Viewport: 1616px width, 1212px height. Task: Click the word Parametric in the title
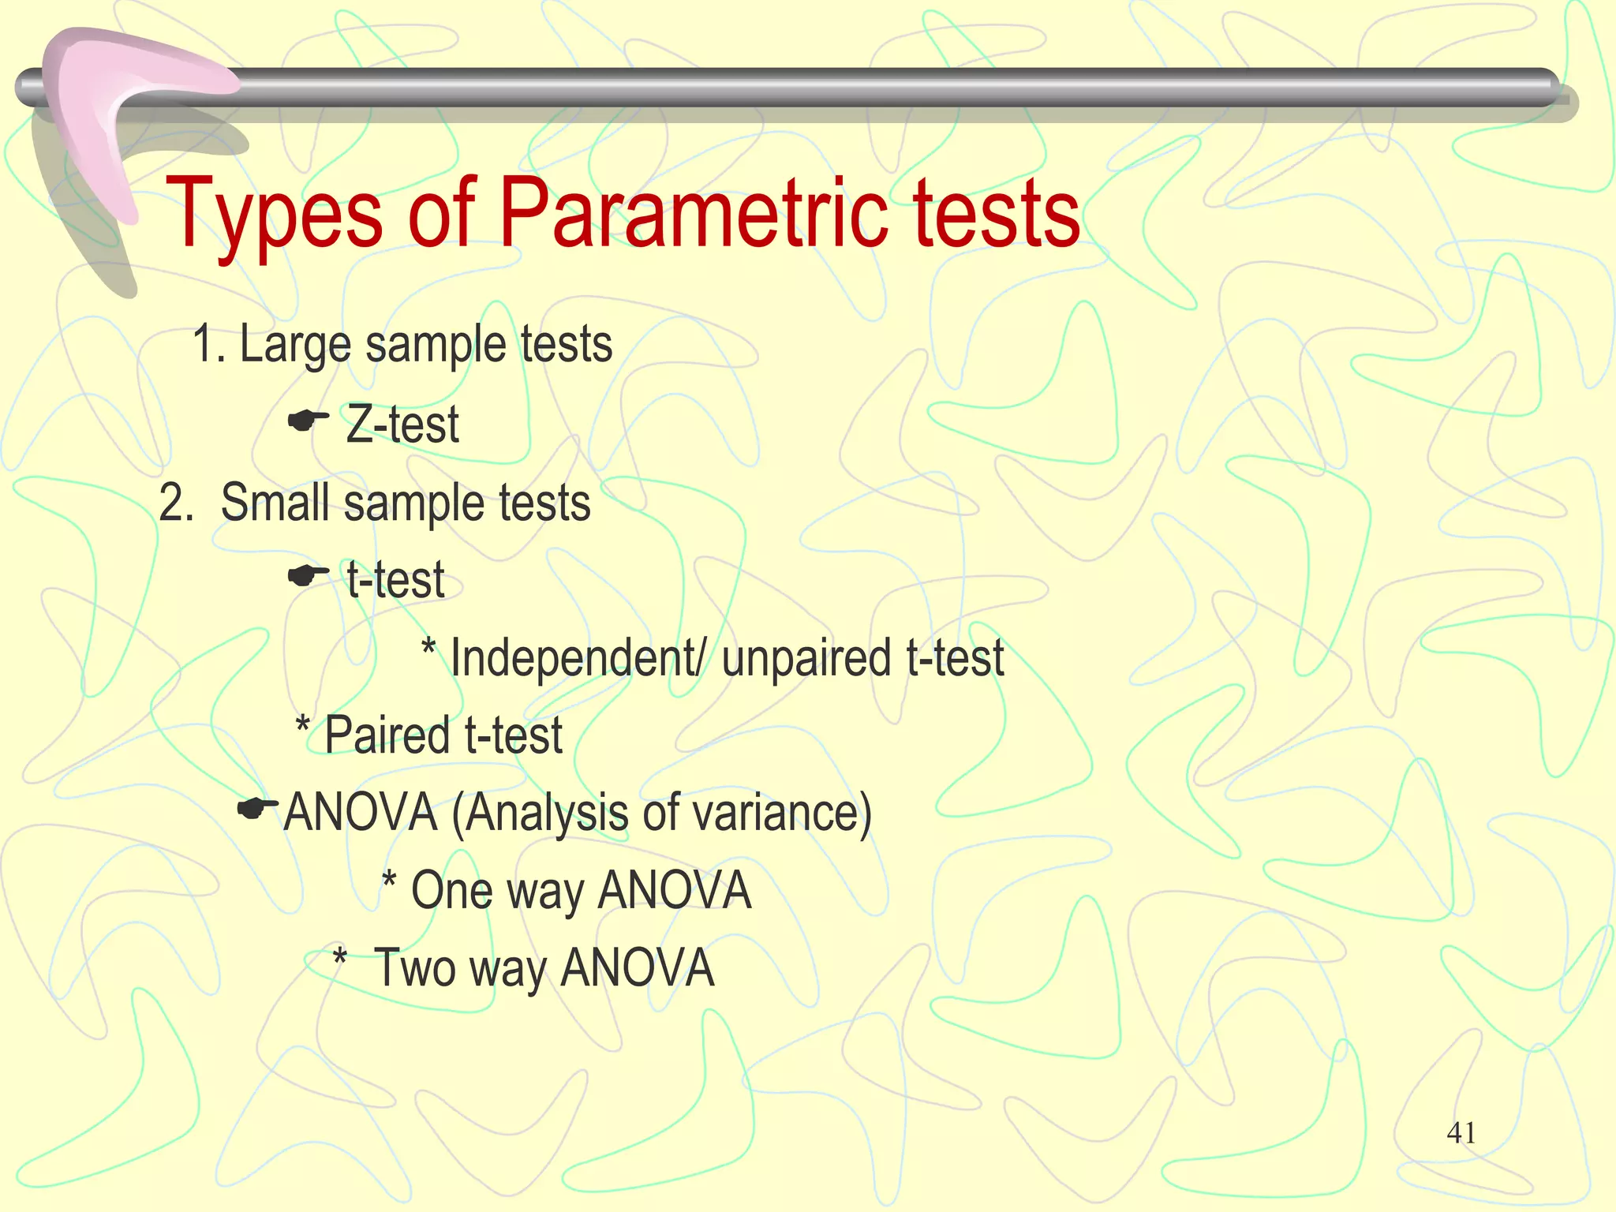pyautogui.click(x=695, y=213)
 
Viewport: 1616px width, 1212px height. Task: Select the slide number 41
pyautogui.click(x=1461, y=1133)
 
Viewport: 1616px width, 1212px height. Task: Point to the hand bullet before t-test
pyautogui.click(x=308, y=577)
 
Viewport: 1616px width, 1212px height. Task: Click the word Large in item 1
pyautogui.click(x=294, y=345)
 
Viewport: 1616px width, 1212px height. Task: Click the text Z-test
pyautogui.click(x=402, y=425)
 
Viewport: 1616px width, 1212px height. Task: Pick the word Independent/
pyautogui.click(x=577, y=658)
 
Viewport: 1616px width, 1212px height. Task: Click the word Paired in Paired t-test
pyautogui.click(x=387, y=735)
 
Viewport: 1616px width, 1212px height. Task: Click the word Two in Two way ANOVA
pyautogui.click(x=414, y=968)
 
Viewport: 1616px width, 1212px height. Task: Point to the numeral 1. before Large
pyautogui.click(x=209, y=345)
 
